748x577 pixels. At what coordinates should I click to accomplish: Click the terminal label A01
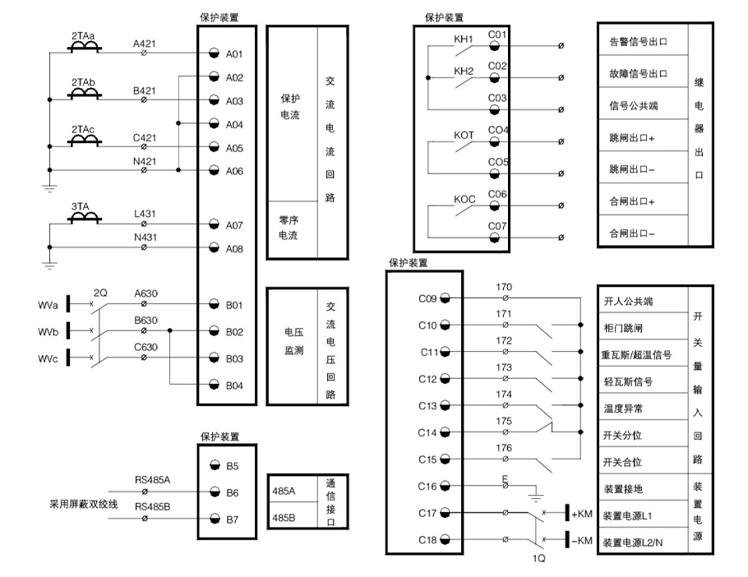pyautogui.click(x=235, y=54)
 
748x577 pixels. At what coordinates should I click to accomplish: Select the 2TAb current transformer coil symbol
pyautogui.click(x=84, y=95)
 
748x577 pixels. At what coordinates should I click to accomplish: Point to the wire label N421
pyautogui.click(x=145, y=161)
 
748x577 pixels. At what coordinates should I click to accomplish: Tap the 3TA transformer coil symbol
pyautogui.click(x=84, y=218)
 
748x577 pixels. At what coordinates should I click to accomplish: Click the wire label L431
pyautogui.click(x=145, y=214)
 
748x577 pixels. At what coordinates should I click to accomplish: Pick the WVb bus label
pyautogui.click(x=48, y=332)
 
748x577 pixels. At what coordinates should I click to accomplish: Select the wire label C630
pyautogui.click(x=145, y=348)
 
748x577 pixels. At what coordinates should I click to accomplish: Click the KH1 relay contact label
pyautogui.click(x=464, y=39)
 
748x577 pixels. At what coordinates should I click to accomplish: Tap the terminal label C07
pyautogui.click(x=498, y=225)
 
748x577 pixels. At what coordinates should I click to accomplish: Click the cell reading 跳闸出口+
pyautogui.click(x=631, y=138)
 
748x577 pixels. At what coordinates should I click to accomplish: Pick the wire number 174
pyautogui.click(x=504, y=395)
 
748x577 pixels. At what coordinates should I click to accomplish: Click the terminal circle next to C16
pyautogui.click(x=445, y=487)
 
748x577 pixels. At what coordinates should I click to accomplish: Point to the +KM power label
pyautogui.click(x=582, y=515)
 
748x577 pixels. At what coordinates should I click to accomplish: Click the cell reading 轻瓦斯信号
pyautogui.click(x=631, y=381)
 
